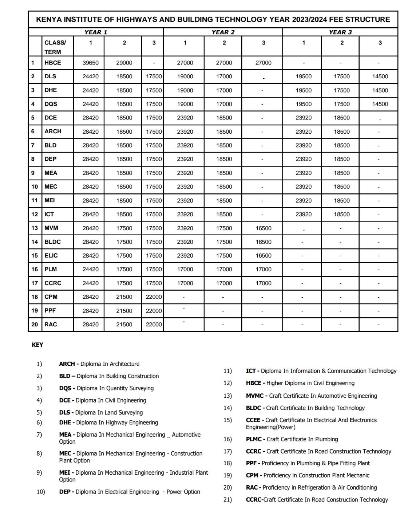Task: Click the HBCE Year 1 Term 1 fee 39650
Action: click(90, 63)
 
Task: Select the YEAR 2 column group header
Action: click(223, 32)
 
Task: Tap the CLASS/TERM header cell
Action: click(55, 47)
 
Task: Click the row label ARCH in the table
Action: click(53, 131)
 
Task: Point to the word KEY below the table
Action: click(37, 345)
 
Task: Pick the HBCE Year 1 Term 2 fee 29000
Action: click(124, 63)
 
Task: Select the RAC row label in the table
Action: click(51, 324)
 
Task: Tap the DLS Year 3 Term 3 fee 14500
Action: click(380, 76)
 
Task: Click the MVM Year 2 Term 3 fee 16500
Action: click(263, 228)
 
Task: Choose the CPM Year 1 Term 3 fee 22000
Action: click(154, 297)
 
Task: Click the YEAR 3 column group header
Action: click(340, 32)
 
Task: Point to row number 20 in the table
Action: click(35, 324)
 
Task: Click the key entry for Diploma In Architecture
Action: click(99, 364)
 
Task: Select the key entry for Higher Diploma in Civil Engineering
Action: click(300, 383)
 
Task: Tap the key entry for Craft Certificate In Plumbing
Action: click(292, 439)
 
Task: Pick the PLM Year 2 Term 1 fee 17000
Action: click(185, 269)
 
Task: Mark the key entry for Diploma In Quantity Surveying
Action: click(106, 388)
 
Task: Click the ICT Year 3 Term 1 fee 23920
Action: click(304, 214)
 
